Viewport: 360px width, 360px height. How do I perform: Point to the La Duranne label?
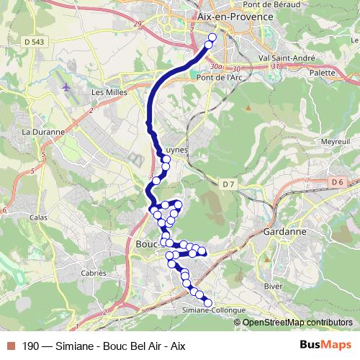43,132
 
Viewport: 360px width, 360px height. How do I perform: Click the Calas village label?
39,216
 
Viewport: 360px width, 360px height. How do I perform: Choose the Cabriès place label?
94,274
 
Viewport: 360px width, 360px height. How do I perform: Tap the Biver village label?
274,285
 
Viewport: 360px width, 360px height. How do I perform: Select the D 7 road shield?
228,185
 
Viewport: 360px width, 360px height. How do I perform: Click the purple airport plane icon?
66,87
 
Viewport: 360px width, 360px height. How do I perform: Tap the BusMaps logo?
325,345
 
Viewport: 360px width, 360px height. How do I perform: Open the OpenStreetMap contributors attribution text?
297,322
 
